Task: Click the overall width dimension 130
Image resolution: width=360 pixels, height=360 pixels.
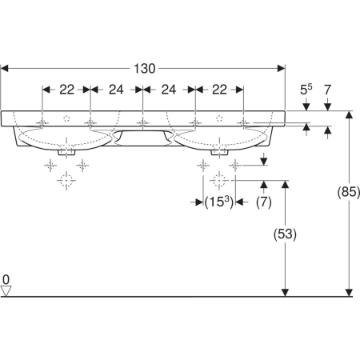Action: point(144,69)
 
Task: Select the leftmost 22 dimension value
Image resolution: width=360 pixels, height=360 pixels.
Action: point(66,90)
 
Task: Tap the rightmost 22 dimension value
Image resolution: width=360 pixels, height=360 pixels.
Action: point(219,90)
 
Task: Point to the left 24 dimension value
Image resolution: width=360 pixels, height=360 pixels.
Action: point(116,90)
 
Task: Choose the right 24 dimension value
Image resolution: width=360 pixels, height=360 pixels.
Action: point(169,90)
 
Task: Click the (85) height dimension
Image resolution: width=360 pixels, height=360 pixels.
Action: point(349,192)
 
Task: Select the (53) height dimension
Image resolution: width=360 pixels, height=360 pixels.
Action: point(285,234)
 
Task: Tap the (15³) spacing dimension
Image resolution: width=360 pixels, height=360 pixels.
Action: point(219,202)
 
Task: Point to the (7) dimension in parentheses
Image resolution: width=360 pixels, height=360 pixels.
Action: point(264,202)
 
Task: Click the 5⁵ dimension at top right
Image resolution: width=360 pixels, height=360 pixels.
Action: point(306,90)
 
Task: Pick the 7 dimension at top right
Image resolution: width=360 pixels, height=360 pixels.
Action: point(327,90)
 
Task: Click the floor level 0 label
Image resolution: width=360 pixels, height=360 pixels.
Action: point(6,280)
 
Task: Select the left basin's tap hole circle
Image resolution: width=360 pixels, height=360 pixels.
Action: point(66,118)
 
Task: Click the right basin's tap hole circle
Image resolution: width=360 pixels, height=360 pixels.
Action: point(219,118)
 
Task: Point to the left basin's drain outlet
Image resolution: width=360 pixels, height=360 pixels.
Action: point(66,152)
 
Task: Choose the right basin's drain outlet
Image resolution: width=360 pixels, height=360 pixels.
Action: point(219,152)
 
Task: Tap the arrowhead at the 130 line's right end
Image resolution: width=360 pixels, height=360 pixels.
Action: point(282,69)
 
